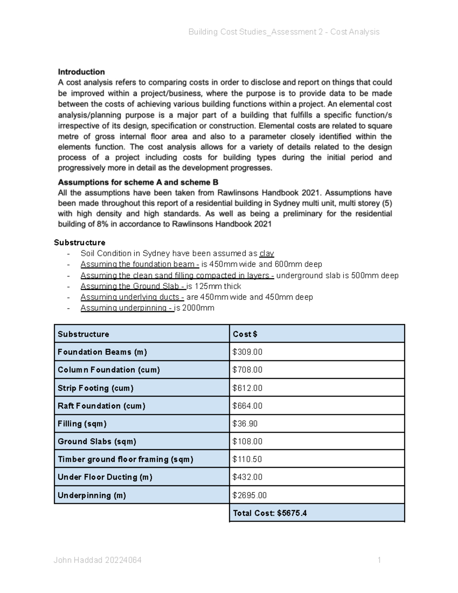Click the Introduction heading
coord(81,72)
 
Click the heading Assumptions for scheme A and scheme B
coord(138,182)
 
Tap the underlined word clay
coord(266,254)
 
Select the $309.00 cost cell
coord(247,352)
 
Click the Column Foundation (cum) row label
coord(109,370)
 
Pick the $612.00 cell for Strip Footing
coord(247,388)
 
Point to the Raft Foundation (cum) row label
coord(102,406)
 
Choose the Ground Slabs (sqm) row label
coord(97,442)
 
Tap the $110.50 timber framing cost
coord(247,459)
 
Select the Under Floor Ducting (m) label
coord(105,477)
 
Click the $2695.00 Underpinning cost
coord(250,496)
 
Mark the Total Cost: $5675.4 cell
coord(270,513)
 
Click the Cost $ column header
coord(245,334)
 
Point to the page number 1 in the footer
coord(379,560)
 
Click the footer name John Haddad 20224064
coord(98,560)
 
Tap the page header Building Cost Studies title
coord(284,32)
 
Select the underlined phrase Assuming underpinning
coord(127,308)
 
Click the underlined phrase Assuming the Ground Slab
coord(133,286)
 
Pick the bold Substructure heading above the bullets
coord(80,242)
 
